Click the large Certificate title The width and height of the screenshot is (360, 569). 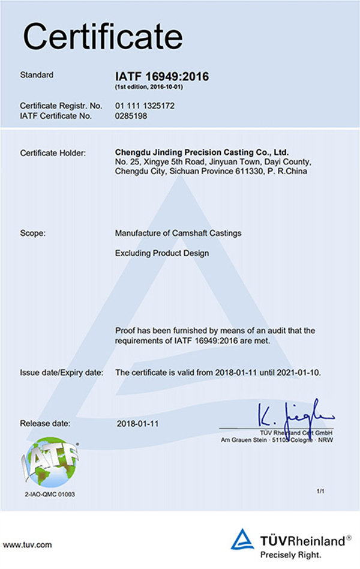click(x=103, y=37)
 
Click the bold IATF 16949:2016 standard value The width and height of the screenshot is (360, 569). click(x=161, y=76)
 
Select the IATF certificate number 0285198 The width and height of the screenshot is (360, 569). click(x=131, y=116)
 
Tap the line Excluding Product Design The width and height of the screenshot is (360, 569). click(x=161, y=253)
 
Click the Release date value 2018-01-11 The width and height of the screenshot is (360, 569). click(x=138, y=423)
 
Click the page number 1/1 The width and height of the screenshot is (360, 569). click(x=320, y=492)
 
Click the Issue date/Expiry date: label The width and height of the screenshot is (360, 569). click(x=62, y=373)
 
